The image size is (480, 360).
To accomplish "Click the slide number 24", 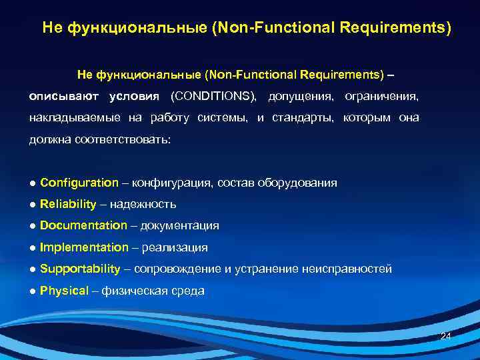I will pyautogui.click(x=446, y=337).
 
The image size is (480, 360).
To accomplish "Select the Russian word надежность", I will pyautogui.click(x=143, y=204).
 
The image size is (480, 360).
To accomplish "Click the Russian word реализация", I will pyautogui.click(x=175, y=247).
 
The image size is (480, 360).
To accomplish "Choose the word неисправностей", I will pyautogui.click(x=347, y=269).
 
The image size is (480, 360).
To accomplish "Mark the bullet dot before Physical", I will pyautogui.click(x=33, y=291).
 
